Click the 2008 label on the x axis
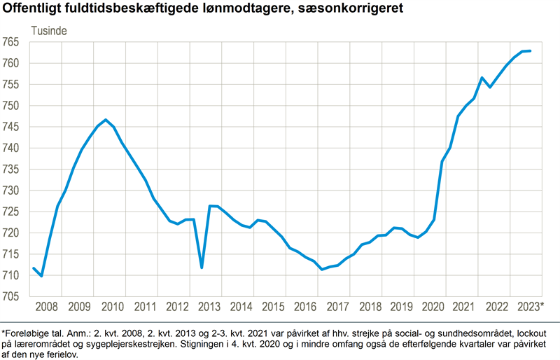click(47, 307)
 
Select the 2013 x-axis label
click(209, 307)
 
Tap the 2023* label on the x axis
click(531, 307)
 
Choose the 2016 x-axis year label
click(307, 307)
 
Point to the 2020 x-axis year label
click(436, 307)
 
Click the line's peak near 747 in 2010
click(106, 120)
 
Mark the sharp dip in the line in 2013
click(202, 268)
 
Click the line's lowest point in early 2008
click(41, 276)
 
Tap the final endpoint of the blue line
click(531, 51)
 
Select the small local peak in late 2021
click(482, 78)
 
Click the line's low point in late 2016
click(321, 270)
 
